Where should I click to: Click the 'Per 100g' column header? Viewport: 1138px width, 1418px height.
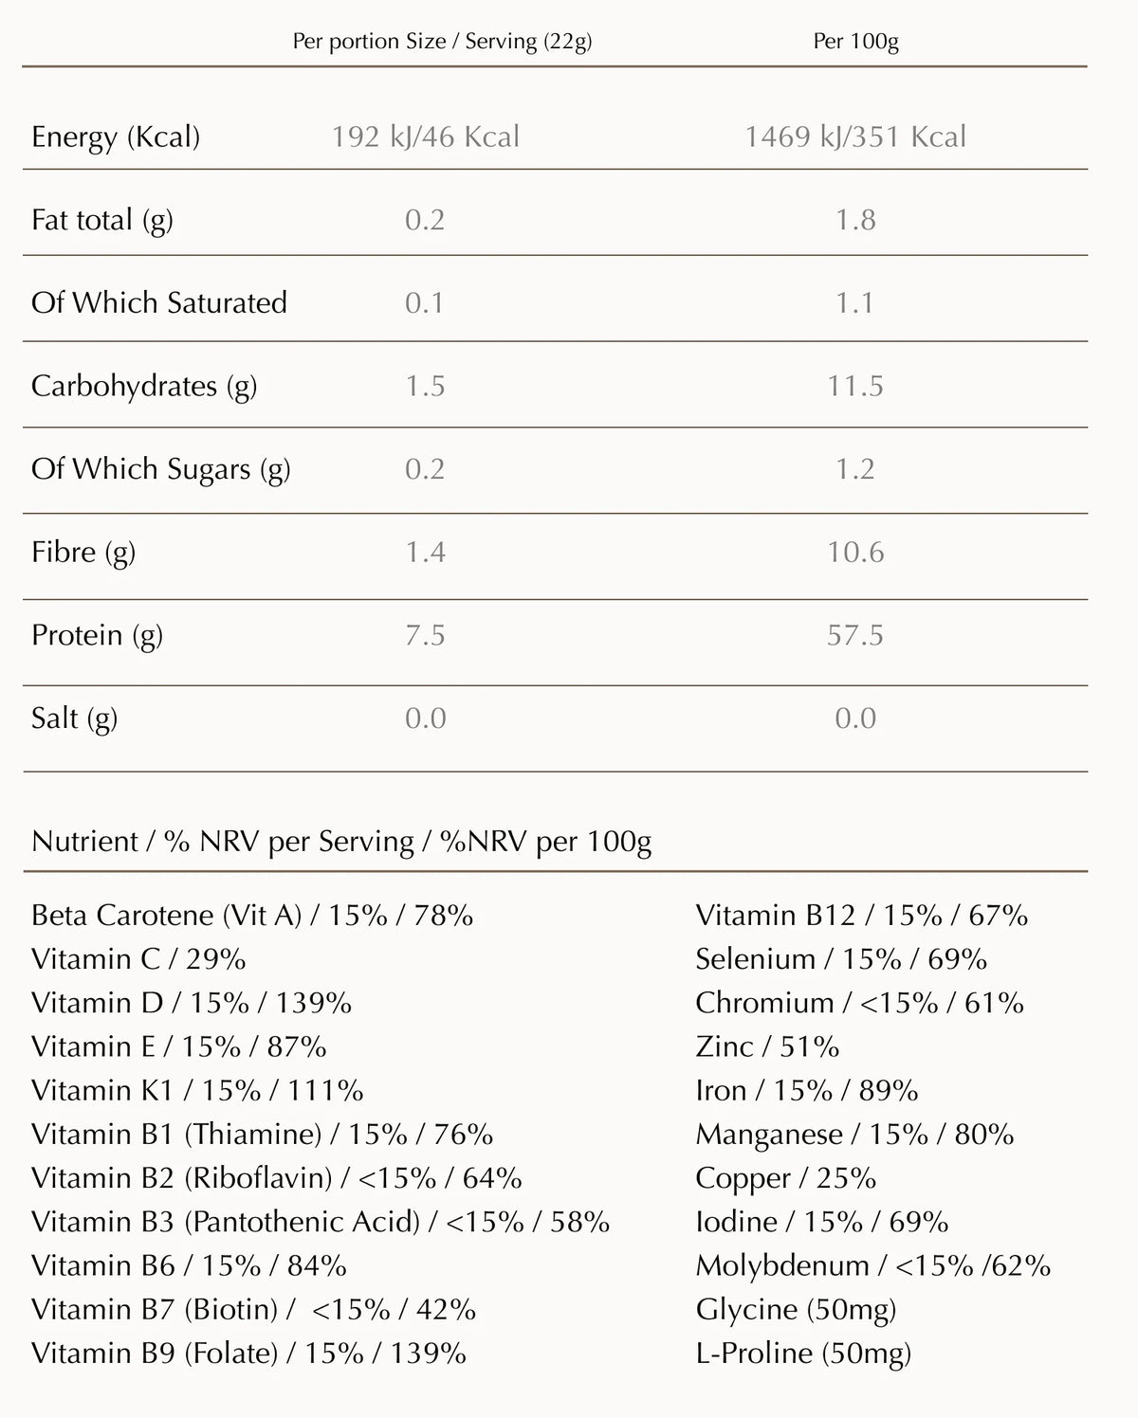click(x=855, y=42)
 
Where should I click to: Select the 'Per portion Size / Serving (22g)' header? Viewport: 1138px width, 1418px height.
click(x=442, y=42)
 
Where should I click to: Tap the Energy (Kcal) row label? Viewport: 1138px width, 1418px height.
click(x=116, y=136)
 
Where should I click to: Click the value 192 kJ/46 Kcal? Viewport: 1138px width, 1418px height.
click(x=425, y=136)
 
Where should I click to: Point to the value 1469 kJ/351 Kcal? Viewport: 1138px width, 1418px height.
click(x=854, y=136)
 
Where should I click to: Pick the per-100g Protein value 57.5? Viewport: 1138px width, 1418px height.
click(x=854, y=635)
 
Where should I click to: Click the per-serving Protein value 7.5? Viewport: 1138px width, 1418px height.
click(x=425, y=635)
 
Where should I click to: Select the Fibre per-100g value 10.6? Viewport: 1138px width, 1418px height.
click(x=854, y=552)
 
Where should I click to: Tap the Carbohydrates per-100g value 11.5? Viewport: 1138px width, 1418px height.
click(x=854, y=386)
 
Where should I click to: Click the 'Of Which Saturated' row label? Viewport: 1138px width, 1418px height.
click(x=159, y=303)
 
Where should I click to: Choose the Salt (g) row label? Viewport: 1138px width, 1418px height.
click(x=74, y=718)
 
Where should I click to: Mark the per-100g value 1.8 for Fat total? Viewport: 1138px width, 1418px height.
click(x=854, y=220)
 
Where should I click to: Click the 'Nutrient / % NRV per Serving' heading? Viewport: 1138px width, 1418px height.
click(x=341, y=842)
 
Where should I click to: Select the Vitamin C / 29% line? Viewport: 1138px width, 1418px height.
click(x=138, y=959)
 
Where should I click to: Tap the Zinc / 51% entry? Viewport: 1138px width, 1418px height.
click(x=767, y=1046)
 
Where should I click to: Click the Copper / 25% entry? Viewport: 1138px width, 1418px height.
click(x=785, y=1178)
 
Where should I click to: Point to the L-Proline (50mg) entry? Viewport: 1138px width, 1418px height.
click(x=803, y=1354)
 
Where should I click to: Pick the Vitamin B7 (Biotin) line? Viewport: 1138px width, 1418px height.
click(x=253, y=1310)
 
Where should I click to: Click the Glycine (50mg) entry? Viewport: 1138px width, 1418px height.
click(x=796, y=1310)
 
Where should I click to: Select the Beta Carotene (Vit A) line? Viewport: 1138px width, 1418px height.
click(x=252, y=916)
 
